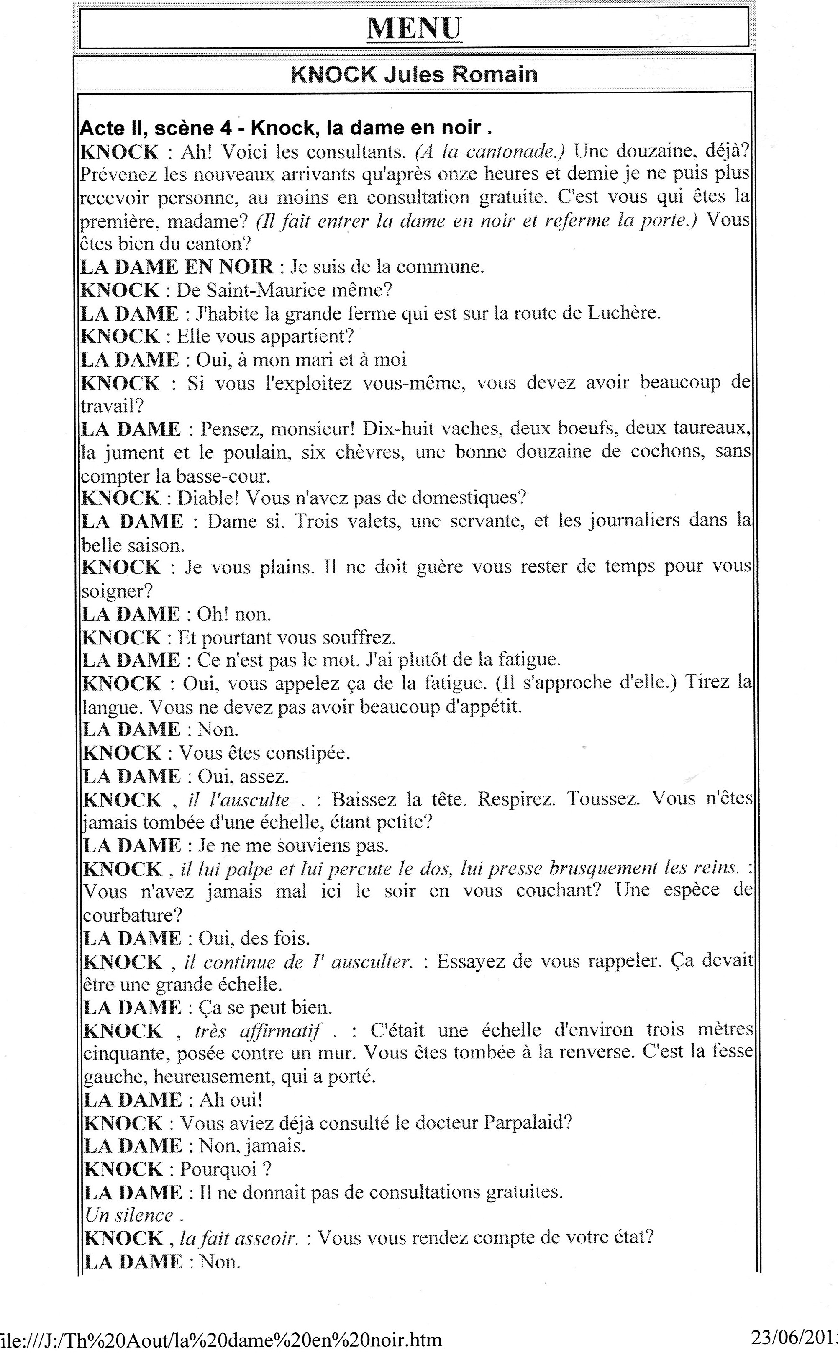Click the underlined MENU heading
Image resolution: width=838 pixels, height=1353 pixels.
[414, 28]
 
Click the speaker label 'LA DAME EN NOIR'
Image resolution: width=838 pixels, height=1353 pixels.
[177, 267]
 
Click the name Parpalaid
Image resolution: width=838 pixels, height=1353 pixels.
[527, 1123]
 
